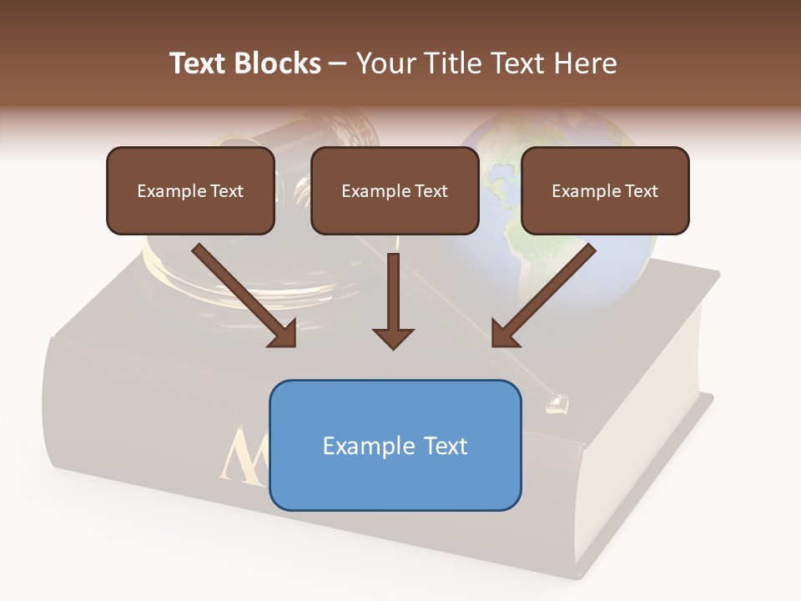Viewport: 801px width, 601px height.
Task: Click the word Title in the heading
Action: [451, 63]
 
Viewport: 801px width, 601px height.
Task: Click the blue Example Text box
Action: [395, 445]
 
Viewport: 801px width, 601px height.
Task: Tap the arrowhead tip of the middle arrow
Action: [393, 346]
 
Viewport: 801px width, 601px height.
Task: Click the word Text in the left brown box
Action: [227, 191]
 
